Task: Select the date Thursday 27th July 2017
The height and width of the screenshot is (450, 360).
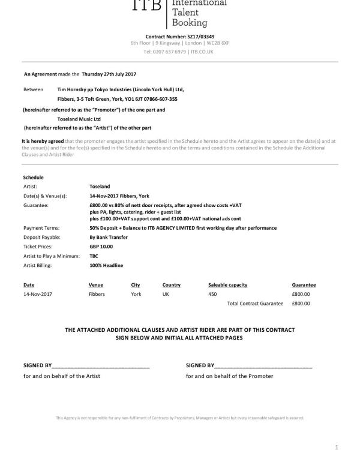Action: [109, 74]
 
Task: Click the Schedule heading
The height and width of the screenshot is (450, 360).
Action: [33, 178]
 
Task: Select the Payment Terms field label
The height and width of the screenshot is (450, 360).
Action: [40, 228]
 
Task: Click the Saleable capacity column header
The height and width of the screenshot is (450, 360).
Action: [227, 285]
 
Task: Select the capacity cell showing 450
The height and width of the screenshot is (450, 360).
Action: [212, 295]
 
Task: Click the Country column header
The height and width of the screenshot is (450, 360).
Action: [172, 285]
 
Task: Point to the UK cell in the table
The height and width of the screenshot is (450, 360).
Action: [166, 295]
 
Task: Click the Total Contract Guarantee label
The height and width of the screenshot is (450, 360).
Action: [255, 304]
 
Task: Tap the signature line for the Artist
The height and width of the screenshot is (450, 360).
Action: [101, 365]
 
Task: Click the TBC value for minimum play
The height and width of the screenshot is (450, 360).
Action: [94, 255]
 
